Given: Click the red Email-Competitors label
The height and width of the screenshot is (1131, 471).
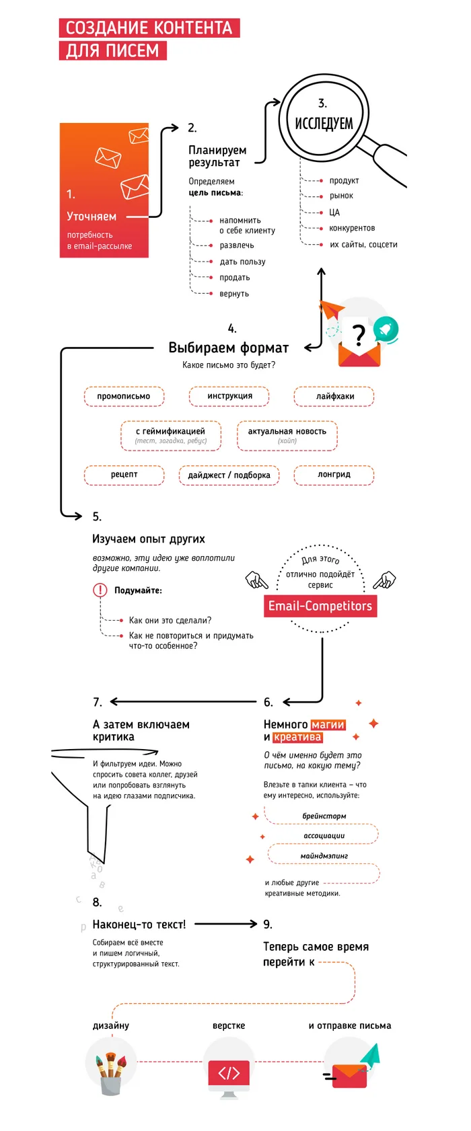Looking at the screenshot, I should point(320,606).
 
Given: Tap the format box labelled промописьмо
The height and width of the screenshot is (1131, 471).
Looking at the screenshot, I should point(124,397).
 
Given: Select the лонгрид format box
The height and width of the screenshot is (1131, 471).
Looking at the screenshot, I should point(334,475).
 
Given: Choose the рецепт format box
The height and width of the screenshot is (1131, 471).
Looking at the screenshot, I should point(124,475).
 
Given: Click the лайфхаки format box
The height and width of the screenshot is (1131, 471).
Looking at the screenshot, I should point(334,397).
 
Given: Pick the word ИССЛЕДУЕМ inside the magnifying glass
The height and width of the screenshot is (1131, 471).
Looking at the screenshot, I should point(324,123).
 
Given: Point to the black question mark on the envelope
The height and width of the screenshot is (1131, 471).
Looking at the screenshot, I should point(359,335).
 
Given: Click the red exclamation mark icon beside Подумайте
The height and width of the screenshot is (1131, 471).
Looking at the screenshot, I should point(100,590).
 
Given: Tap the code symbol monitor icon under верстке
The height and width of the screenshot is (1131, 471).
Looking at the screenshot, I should point(229,1073).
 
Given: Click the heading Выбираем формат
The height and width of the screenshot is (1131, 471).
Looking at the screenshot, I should point(228,348).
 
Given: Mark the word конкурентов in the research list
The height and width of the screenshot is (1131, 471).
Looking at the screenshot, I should point(352,229).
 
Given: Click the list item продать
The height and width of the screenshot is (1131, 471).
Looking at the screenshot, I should point(235,278).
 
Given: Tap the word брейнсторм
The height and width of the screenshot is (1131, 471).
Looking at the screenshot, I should point(324,816).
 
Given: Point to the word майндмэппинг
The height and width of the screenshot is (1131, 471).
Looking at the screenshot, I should point(324,856).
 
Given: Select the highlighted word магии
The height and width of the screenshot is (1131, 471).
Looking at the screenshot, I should point(328,725).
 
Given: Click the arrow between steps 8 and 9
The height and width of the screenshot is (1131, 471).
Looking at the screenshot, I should point(225,924).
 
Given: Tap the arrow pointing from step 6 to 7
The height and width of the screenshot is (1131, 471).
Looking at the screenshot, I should point(185,701).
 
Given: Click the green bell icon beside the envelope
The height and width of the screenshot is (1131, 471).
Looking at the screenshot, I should point(386,329).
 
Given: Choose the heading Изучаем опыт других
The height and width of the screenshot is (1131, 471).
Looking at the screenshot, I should point(149,539).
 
